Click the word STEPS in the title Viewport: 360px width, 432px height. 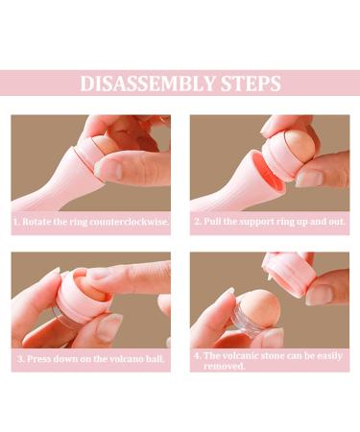tap(248, 84)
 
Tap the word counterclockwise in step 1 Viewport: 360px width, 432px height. tap(134, 222)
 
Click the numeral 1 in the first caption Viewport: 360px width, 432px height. tap(16, 222)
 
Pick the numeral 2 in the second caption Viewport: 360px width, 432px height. tap(196, 222)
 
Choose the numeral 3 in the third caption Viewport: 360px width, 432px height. tap(19, 360)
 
